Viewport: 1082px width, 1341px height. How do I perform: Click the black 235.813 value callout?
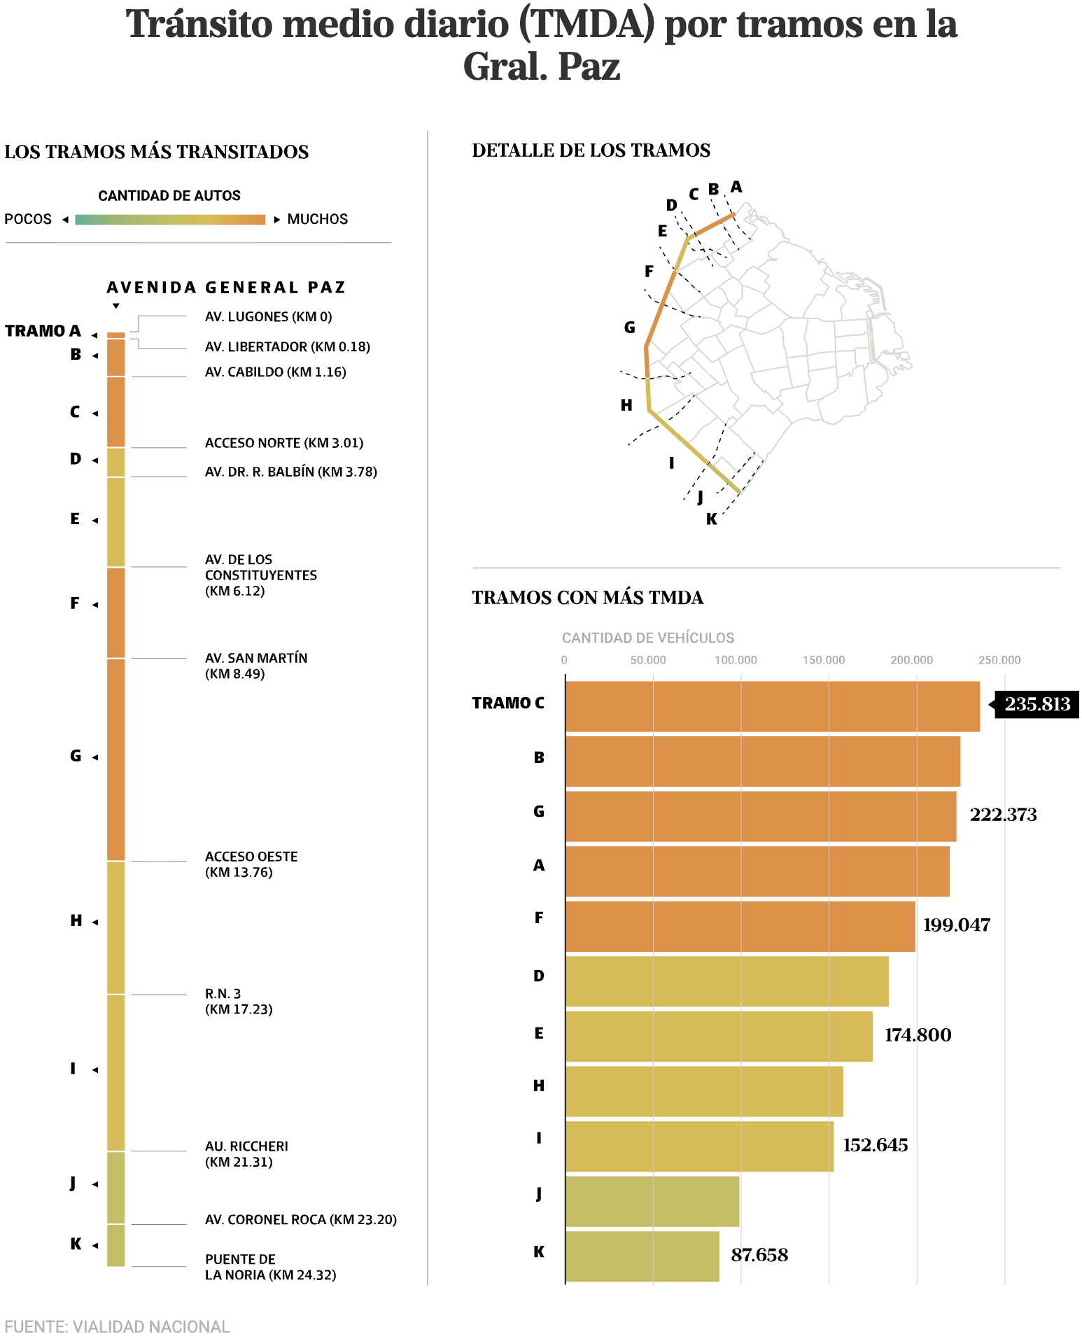click(1037, 704)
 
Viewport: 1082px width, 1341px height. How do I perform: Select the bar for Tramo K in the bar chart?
click(642, 1256)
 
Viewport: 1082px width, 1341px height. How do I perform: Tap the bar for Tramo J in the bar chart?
click(652, 1201)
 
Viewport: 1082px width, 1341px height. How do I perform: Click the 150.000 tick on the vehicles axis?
click(823, 660)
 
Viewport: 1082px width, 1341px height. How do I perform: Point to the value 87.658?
click(759, 1255)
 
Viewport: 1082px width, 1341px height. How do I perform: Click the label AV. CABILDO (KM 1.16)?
click(275, 372)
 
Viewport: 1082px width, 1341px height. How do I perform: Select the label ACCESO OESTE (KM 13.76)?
click(251, 864)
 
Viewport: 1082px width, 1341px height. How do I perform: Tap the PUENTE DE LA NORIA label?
click(269, 1267)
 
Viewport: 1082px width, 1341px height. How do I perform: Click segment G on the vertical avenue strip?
click(115, 759)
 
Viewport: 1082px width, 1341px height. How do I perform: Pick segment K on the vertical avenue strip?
click(115, 1245)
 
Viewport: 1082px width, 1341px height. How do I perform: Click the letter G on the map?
click(629, 328)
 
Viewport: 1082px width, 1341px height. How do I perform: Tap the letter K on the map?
click(711, 519)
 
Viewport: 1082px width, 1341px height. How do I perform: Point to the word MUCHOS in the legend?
click(317, 219)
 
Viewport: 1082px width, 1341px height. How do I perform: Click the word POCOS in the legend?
click(28, 219)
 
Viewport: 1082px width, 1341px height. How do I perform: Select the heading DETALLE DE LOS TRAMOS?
click(591, 150)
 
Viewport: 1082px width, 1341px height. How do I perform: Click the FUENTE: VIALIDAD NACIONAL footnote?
click(117, 1326)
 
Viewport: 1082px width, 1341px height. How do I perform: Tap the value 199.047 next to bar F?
click(956, 925)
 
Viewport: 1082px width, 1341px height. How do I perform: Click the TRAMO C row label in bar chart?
click(507, 703)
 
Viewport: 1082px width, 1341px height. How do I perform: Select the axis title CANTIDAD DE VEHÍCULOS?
click(647, 638)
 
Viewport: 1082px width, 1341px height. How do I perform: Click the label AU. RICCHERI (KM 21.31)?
click(246, 1154)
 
